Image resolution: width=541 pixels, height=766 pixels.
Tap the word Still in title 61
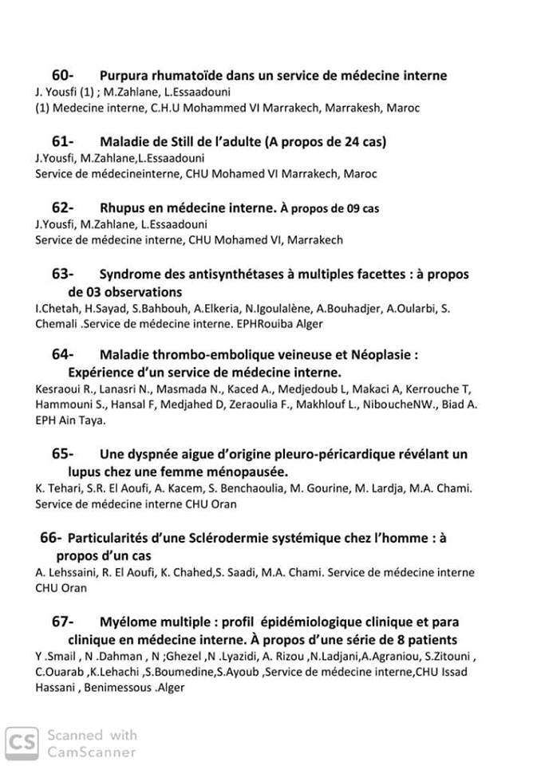(190, 142)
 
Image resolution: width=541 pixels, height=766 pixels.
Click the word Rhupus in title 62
(123, 208)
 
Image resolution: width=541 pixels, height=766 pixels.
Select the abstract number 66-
(51, 539)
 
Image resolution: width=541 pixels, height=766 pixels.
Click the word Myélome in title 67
(128, 622)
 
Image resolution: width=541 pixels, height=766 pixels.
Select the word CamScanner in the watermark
(93, 751)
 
